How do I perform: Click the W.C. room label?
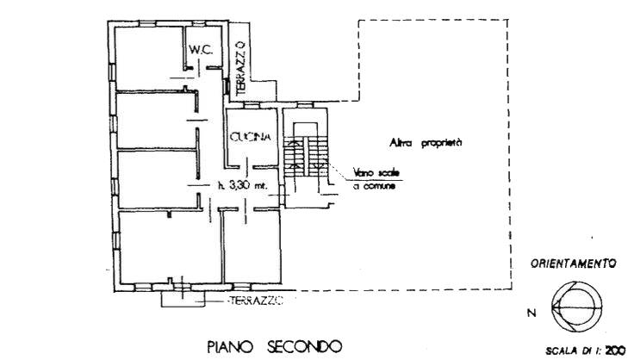[200, 50]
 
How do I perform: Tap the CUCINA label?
[251, 137]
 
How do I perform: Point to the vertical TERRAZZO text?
[240, 70]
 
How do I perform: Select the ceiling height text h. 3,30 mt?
[242, 185]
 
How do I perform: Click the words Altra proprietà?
[426, 143]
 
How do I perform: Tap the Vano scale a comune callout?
[376, 179]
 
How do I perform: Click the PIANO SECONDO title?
[274, 346]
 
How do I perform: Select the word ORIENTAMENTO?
[573, 264]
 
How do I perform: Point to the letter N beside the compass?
[532, 313]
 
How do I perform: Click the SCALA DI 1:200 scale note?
[585, 351]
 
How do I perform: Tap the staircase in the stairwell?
[305, 156]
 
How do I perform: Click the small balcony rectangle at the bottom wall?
[183, 299]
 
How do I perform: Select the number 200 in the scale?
[615, 351]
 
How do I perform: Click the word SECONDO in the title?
[304, 346]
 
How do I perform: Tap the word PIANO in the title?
[230, 346]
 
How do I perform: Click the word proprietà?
[442, 143]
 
